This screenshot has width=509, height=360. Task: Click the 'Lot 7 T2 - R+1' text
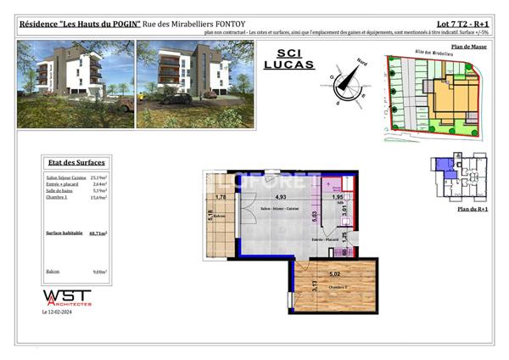tap(461, 24)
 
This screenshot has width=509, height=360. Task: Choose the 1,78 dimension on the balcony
tap(221, 197)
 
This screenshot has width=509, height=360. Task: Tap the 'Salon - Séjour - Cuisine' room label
tap(266, 207)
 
